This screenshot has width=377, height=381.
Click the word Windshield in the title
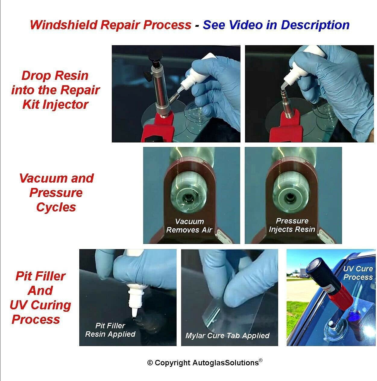(x=64, y=25)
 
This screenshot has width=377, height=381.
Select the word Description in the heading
(x=315, y=25)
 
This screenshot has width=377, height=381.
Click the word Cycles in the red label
(x=56, y=207)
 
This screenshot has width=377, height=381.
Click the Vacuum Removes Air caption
(x=189, y=226)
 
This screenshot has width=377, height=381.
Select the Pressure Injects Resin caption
(x=292, y=225)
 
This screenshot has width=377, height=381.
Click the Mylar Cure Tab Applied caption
(x=228, y=336)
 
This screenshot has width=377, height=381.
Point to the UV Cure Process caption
(x=358, y=273)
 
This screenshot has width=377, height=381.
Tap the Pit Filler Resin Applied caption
(x=110, y=330)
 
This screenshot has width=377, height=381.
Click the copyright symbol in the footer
(x=150, y=363)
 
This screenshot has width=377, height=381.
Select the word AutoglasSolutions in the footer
(x=226, y=363)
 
